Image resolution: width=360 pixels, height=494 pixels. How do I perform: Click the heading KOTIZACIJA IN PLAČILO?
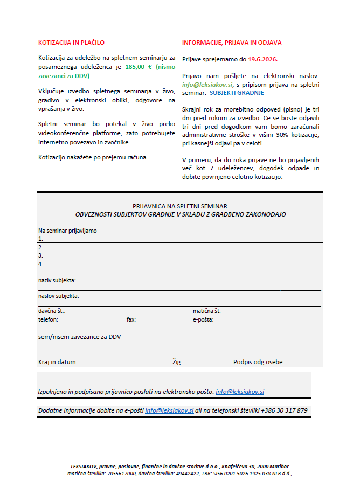click(71, 43)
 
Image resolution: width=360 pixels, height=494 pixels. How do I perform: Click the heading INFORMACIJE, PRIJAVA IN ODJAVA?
click(232, 43)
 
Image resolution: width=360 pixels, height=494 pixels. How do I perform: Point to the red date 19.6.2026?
click(263, 59)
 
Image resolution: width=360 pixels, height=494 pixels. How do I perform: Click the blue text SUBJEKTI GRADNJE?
click(237, 93)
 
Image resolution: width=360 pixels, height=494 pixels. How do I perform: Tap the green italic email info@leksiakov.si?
click(207, 85)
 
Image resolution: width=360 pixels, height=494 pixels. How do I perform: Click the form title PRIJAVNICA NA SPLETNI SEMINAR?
click(180, 206)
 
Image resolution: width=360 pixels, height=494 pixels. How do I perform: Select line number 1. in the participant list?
click(40, 239)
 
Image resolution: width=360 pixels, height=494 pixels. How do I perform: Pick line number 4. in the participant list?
click(40, 264)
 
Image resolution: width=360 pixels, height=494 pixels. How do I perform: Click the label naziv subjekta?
click(57, 280)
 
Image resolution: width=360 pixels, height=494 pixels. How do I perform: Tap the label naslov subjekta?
click(58, 296)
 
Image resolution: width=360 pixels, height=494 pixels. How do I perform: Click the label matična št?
click(207, 311)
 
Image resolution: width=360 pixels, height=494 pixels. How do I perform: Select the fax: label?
click(131, 319)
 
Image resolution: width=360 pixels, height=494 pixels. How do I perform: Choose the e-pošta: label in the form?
click(203, 319)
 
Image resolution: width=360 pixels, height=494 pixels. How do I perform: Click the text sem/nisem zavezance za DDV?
click(79, 337)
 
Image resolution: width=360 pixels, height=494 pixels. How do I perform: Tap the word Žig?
click(177, 362)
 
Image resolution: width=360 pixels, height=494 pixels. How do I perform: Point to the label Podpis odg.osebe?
click(258, 362)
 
